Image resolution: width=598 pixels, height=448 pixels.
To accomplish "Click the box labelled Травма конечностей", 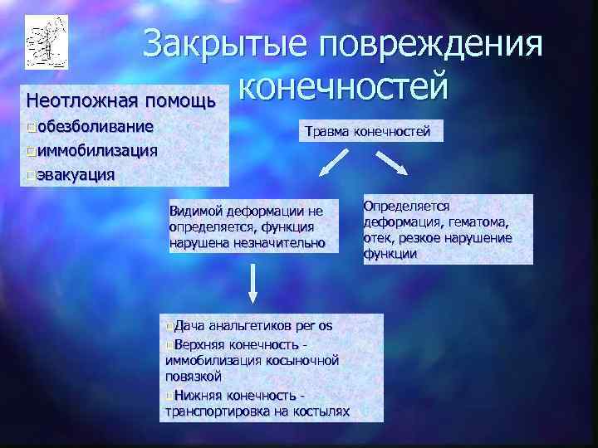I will tap(368, 131).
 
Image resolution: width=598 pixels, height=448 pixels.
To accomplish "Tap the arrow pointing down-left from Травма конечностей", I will tap(330, 166).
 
